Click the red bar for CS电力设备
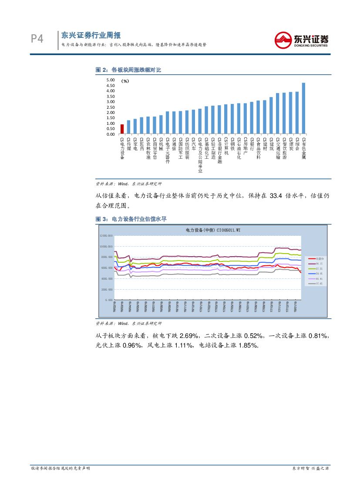(x=122, y=129)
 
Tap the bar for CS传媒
(x=128, y=127)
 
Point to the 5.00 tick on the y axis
(x=110, y=80)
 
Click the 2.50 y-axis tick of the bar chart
(x=110, y=107)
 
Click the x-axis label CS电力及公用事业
(x=200, y=154)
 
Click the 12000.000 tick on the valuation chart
(x=107, y=235)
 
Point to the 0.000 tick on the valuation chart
(x=109, y=300)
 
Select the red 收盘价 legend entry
(x=313, y=258)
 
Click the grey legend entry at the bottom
(x=313, y=284)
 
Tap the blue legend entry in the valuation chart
(x=313, y=273)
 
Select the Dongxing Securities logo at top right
(x=301, y=40)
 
